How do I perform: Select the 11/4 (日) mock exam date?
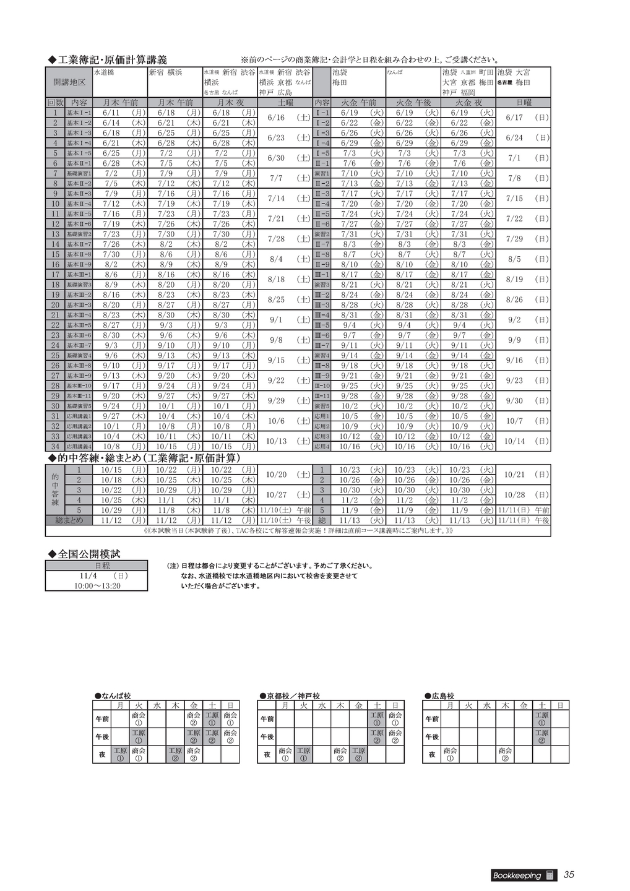tap(97, 575)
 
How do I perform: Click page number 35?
tap(569, 874)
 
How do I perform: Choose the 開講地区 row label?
tap(69, 82)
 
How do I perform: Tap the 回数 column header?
tap(55, 102)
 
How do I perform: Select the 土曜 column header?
tap(285, 102)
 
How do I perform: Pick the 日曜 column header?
tap(524, 102)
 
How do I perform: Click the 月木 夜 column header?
tap(230, 102)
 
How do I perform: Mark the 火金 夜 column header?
tap(468, 102)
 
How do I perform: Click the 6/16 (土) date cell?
tap(285, 118)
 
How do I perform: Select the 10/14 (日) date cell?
tap(524, 441)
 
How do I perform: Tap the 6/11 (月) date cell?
tap(120, 113)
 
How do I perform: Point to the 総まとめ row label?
tap(69, 520)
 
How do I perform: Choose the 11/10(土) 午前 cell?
tap(285, 510)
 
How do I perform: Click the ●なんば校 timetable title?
tap(113, 696)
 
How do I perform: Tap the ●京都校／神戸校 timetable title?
tap(290, 696)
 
